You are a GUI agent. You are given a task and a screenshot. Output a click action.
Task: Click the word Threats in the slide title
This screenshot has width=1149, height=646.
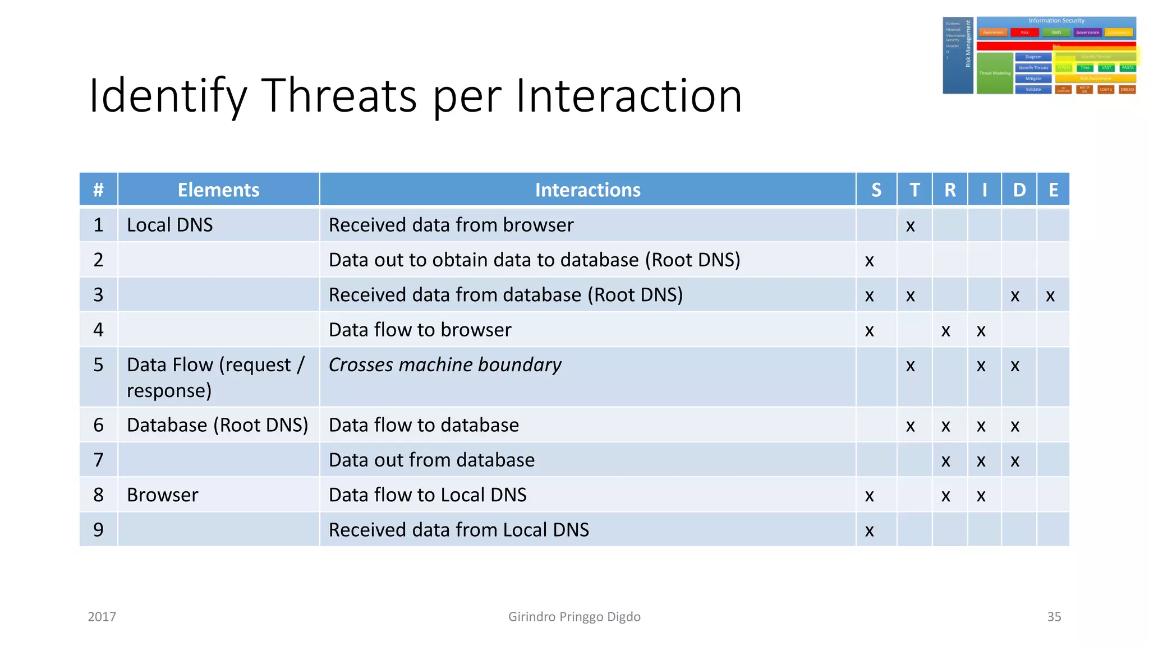coord(339,95)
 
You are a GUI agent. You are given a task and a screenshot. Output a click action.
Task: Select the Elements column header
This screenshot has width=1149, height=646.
coord(218,190)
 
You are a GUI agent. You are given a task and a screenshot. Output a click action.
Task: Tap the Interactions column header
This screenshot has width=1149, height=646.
coord(587,190)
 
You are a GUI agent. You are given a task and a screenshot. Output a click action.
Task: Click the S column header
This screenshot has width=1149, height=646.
coord(876,190)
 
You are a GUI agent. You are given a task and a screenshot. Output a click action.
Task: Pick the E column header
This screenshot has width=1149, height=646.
coord(1053,190)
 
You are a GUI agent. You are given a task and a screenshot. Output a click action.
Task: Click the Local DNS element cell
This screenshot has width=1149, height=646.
coord(170,225)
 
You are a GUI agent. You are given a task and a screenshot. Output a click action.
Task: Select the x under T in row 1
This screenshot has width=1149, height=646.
coord(910,226)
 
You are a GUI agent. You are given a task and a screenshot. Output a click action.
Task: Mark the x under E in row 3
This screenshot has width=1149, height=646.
coord(1050,296)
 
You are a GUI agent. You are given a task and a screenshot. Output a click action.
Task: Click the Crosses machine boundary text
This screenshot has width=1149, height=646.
coord(444,365)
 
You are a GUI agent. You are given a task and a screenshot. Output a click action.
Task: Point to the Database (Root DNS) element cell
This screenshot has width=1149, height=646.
coord(218,425)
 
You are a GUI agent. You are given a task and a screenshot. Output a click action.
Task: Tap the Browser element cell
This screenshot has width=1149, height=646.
coord(163,495)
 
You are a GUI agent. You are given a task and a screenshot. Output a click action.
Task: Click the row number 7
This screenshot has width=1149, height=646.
coord(98,460)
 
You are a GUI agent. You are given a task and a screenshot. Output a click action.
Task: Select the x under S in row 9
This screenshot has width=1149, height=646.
coord(869,530)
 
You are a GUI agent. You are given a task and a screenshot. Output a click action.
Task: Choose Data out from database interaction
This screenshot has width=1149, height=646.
coord(431,460)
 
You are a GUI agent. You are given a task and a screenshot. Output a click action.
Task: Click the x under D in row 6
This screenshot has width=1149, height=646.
coord(1014,426)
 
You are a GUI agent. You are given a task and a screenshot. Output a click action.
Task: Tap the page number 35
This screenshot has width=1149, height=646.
coord(1054,617)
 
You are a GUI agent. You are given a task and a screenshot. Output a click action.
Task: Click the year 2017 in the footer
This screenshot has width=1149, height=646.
coord(102,617)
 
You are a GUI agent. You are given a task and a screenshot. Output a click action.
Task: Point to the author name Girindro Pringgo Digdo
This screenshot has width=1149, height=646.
coord(574,617)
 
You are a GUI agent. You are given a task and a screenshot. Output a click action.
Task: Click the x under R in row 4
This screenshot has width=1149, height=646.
coord(945,331)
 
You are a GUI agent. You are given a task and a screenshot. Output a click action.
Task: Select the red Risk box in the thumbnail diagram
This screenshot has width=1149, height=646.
coord(1024,33)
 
